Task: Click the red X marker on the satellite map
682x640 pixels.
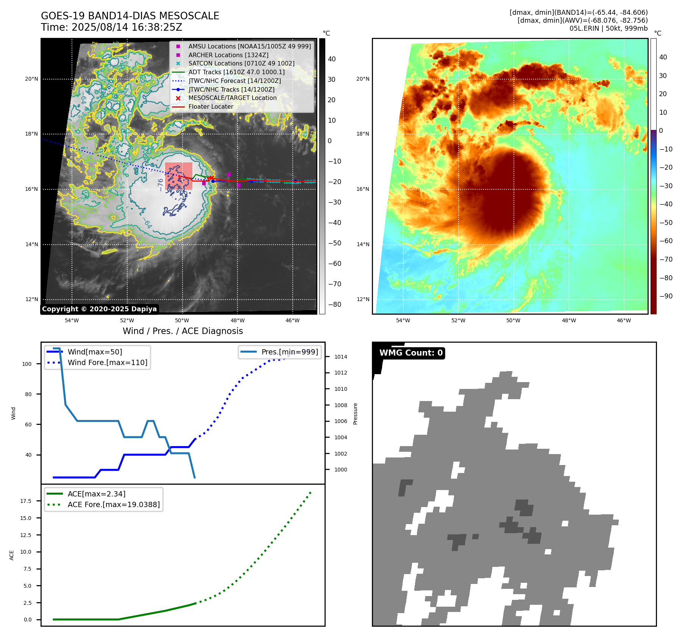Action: pyautogui.click(x=211, y=178)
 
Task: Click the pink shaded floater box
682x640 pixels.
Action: pyautogui.click(x=179, y=176)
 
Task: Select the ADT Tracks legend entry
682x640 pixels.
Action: pyautogui.click(x=236, y=72)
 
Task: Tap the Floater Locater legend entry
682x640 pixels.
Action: pyautogui.click(x=211, y=107)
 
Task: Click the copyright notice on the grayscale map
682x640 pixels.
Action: pyautogui.click(x=99, y=309)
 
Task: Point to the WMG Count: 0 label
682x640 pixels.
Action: pyautogui.click(x=411, y=353)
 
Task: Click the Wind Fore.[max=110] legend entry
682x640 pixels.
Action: pyautogui.click(x=107, y=362)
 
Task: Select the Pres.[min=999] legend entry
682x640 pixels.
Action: pyautogui.click(x=290, y=352)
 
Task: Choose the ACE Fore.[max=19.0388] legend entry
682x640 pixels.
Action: pyautogui.click(x=114, y=504)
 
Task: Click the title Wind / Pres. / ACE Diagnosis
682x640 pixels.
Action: pyautogui.click(x=183, y=331)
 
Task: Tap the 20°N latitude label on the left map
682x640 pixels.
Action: pyautogui.click(x=31, y=79)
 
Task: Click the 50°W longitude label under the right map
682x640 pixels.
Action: pyautogui.click(x=513, y=320)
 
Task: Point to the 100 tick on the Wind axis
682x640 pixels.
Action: pyautogui.click(x=27, y=364)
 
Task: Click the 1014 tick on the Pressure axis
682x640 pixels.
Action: pyautogui.click(x=340, y=357)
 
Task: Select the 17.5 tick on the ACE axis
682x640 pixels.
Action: pyautogui.click(x=26, y=501)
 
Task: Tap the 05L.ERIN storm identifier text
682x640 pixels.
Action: pyautogui.click(x=584, y=28)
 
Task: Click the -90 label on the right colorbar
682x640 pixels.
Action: pyautogui.click(x=666, y=296)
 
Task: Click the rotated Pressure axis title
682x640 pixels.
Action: pyautogui.click(x=355, y=414)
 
